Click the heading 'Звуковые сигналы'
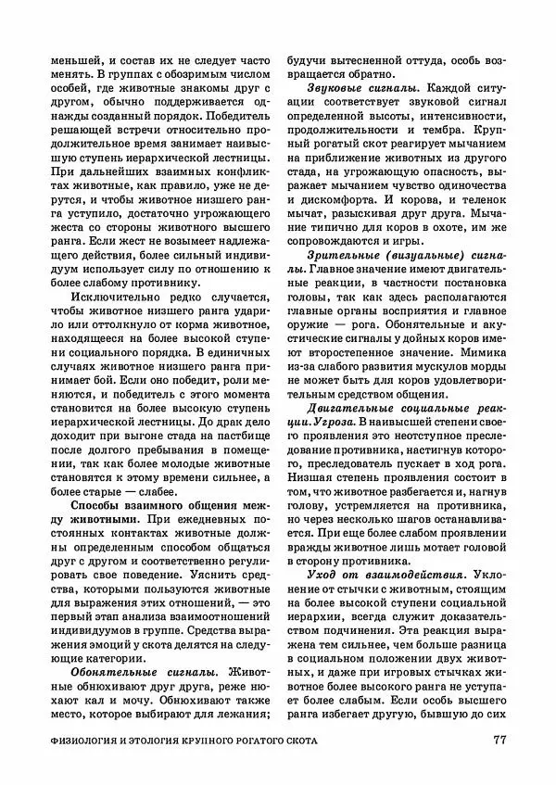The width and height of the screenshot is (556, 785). point(360,88)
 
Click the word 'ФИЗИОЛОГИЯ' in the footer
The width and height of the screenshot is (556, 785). point(85,741)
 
